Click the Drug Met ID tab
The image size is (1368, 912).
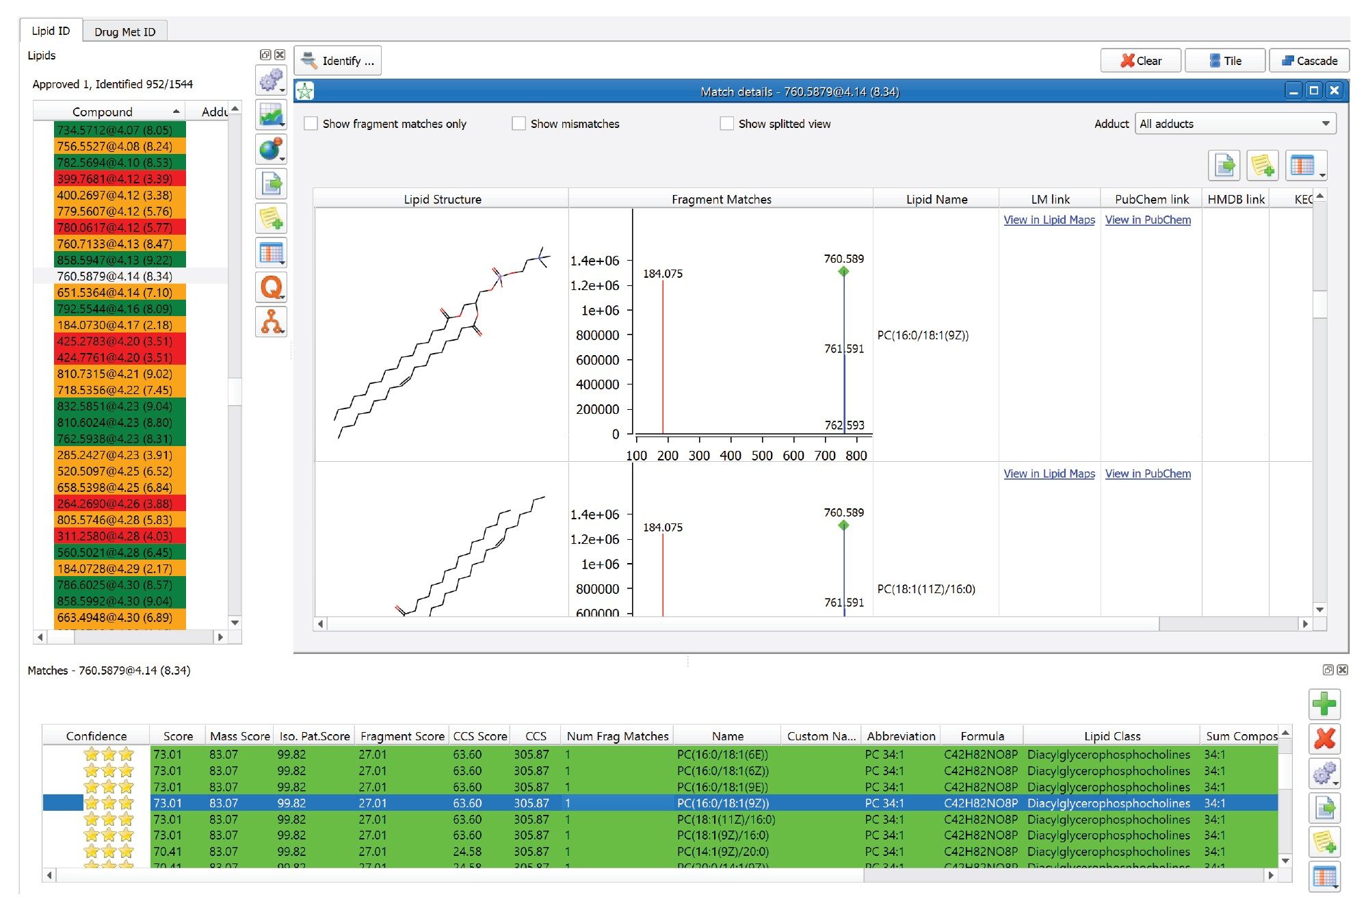[124, 31]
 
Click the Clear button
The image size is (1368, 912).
[1140, 61]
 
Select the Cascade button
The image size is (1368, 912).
[1309, 61]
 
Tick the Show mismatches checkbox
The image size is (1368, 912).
[519, 124]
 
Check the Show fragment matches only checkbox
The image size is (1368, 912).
[311, 124]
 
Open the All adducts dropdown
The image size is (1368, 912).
[1235, 124]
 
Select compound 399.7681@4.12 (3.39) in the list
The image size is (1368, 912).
[115, 179]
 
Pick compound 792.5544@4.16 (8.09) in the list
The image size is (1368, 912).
[115, 309]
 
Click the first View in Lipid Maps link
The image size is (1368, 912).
[1049, 220]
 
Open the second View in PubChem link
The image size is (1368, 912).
[1148, 473]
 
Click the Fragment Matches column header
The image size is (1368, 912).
[721, 199]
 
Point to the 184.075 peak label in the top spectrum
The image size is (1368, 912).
[662, 274]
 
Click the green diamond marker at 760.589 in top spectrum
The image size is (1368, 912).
[843, 272]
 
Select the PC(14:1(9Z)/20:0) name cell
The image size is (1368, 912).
[722, 852]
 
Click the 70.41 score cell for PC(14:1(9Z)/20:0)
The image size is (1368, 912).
[168, 852]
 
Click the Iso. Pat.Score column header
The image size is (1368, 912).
[315, 736]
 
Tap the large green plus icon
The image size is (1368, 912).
[1324, 704]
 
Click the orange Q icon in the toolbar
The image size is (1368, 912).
[272, 287]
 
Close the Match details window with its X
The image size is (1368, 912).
[1334, 91]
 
